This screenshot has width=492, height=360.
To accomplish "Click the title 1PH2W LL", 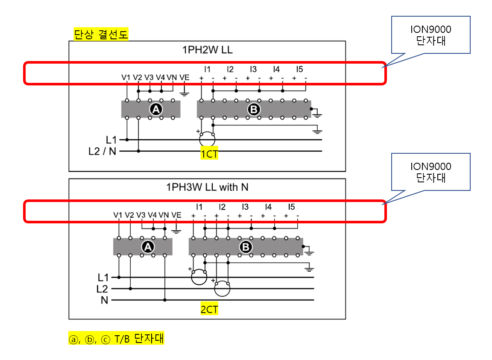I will pyautogui.click(x=208, y=50).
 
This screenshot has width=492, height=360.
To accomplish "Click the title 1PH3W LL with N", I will pyautogui.click(x=207, y=187).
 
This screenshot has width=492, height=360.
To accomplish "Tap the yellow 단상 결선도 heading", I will pyautogui.click(x=101, y=35).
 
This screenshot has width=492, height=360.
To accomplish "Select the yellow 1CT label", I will pyautogui.click(x=209, y=154).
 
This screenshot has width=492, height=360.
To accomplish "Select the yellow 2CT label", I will pyautogui.click(x=209, y=310).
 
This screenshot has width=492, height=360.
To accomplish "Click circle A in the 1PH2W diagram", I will pyautogui.click(x=156, y=110).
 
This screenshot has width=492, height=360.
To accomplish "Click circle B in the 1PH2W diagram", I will pyautogui.click(x=254, y=110).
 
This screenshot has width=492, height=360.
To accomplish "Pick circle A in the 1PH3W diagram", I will pyautogui.click(x=148, y=247).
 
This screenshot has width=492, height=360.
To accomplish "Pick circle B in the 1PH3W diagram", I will pyautogui.click(x=246, y=247).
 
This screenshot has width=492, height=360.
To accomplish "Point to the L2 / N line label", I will pyautogui.click(x=102, y=151).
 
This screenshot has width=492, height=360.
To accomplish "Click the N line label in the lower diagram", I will pyautogui.click(x=104, y=300).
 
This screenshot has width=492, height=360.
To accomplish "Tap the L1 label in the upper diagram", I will pyautogui.click(x=111, y=139).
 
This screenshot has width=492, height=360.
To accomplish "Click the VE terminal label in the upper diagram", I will pyautogui.click(x=184, y=77).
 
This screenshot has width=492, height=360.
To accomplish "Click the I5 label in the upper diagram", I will pyautogui.click(x=299, y=69).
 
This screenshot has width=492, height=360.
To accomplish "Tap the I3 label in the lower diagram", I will pyautogui.click(x=245, y=207).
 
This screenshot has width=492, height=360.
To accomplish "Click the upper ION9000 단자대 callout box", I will pyautogui.click(x=430, y=35).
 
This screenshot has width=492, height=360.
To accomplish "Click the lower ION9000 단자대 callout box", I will pyautogui.click(x=430, y=172).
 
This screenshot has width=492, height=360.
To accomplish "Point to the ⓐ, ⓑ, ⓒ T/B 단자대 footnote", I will pyautogui.click(x=116, y=339).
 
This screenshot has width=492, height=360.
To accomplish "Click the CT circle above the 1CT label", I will pyautogui.click(x=207, y=138).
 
